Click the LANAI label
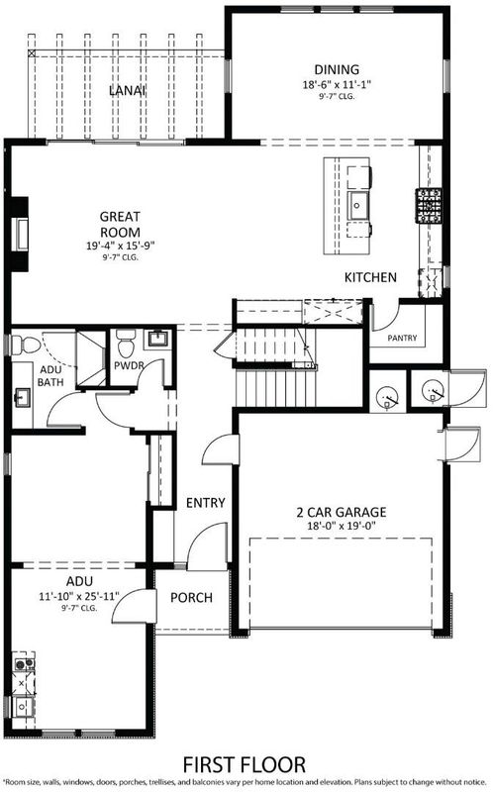pos(128,91)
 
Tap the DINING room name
pos(337,69)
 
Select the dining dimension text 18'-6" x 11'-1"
pos(337,85)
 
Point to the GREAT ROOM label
pos(120,225)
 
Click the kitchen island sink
pos(358,206)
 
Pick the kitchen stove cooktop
pos(429,206)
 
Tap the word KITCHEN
pos(370,277)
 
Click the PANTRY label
pos(402,338)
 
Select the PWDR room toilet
pos(125,343)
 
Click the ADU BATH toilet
pos(27,346)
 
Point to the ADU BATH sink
pos(22,397)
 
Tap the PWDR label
pos(129,365)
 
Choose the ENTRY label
pos(206,503)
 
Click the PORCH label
pos(191,598)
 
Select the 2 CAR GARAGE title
pos(341,512)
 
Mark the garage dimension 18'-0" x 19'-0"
pos(341,526)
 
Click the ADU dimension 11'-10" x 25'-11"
pos(79,596)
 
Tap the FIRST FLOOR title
pos(244,765)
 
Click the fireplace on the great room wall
pos(19,235)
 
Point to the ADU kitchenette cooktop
pos(24,663)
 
